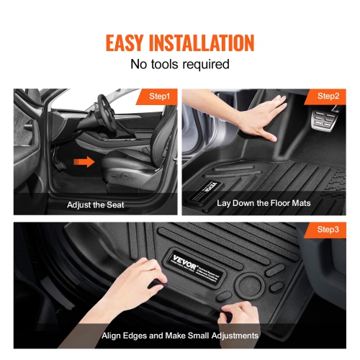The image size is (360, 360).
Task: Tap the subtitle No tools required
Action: pos(179,64)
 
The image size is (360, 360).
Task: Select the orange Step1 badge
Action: pos(158,96)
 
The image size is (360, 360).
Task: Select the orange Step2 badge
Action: pos(328,96)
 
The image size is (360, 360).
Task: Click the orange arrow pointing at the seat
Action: pos(85,163)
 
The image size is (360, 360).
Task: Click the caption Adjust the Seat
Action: pos(95,204)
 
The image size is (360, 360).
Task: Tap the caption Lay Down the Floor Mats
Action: pos(264,204)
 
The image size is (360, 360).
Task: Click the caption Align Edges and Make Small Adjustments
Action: pos(179,336)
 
